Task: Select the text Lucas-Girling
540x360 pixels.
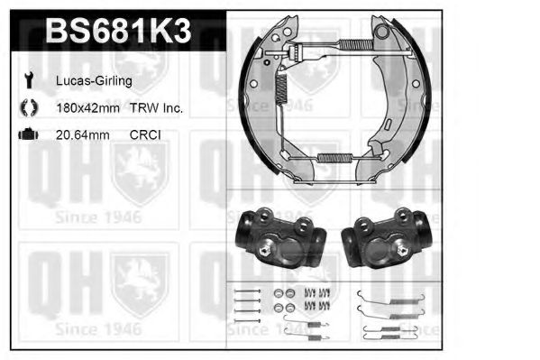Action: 94,80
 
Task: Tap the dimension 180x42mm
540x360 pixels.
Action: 89,107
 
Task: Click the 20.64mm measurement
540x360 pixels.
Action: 82,134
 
